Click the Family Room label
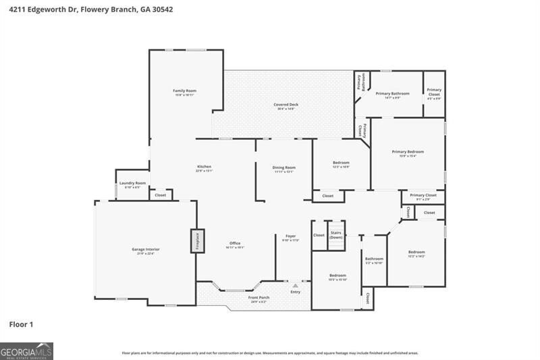click(x=184, y=91)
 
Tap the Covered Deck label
click(x=286, y=105)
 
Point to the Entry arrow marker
click(x=295, y=286)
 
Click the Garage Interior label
click(x=145, y=250)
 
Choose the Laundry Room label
click(x=132, y=184)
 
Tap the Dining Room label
click(x=283, y=168)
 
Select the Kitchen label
click(x=204, y=168)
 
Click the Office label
click(x=235, y=245)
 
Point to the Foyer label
click(x=290, y=237)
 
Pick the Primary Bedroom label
click(x=408, y=153)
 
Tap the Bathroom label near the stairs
click(x=374, y=259)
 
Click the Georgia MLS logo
click(x=26, y=351)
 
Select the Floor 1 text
click(x=21, y=324)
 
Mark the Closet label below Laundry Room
click(x=161, y=195)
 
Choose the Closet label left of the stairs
click(x=319, y=235)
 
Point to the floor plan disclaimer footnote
click(x=269, y=353)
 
